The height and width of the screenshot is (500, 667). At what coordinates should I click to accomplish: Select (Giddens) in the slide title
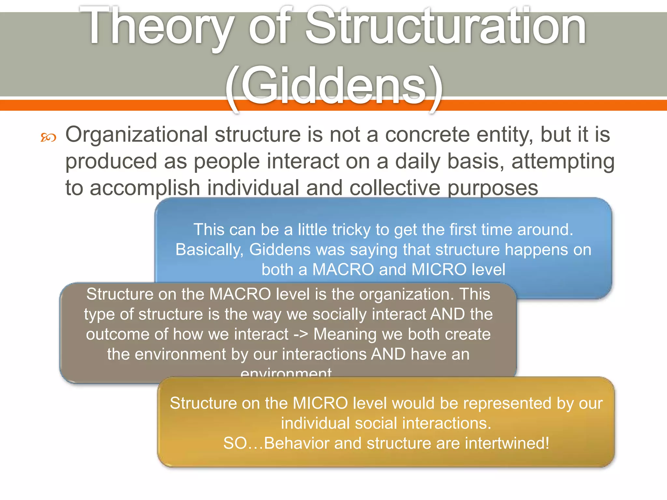[333, 86]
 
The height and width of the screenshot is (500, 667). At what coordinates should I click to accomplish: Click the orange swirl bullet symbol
[48, 138]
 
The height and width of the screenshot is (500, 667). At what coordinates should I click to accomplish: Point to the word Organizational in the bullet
[136, 134]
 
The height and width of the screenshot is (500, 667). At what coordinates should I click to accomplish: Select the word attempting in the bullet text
[563, 161]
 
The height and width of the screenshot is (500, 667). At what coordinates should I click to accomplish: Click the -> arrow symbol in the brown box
[301, 334]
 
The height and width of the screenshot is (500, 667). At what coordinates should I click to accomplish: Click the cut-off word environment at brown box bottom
[286, 373]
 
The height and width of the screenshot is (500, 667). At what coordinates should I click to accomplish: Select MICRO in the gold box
[320, 403]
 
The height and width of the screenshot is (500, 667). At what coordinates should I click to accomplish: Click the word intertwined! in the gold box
[507, 443]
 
